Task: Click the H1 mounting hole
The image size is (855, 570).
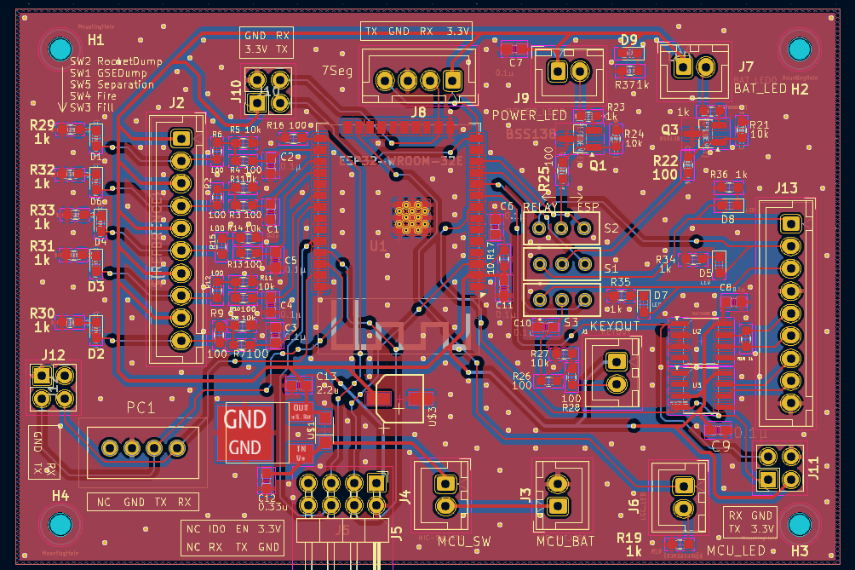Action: (x=61, y=49)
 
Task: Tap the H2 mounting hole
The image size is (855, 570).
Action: (x=800, y=49)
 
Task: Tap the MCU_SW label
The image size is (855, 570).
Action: (x=464, y=540)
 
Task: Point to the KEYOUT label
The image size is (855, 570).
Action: (x=614, y=326)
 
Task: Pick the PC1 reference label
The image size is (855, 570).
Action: (x=141, y=408)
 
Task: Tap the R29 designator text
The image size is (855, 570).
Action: (x=42, y=125)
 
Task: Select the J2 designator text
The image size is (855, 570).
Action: (x=176, y=103)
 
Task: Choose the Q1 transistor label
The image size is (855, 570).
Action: (x=598, y=166)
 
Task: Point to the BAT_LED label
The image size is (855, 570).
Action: (x=760, y=89)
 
